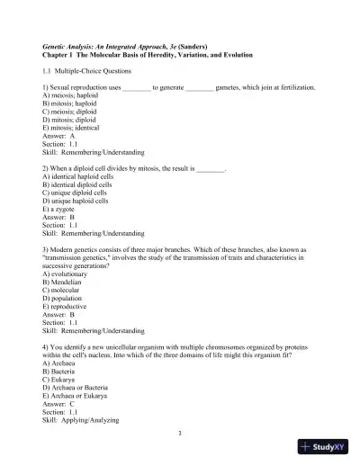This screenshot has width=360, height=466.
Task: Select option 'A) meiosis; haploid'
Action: click(x=72, y=95)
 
